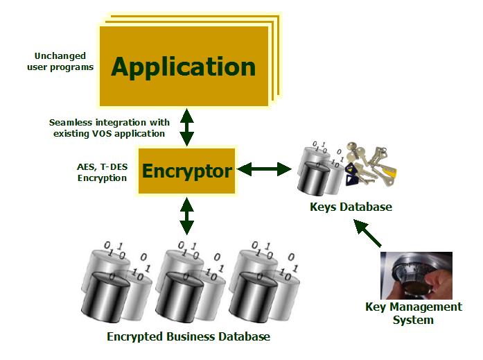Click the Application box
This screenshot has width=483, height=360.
184,67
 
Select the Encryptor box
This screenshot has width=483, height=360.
187,170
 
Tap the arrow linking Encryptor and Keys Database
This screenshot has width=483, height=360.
265,169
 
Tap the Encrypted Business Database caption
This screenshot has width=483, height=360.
188,337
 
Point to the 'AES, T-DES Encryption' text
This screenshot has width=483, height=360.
102,172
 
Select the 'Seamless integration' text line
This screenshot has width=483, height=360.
109,122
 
